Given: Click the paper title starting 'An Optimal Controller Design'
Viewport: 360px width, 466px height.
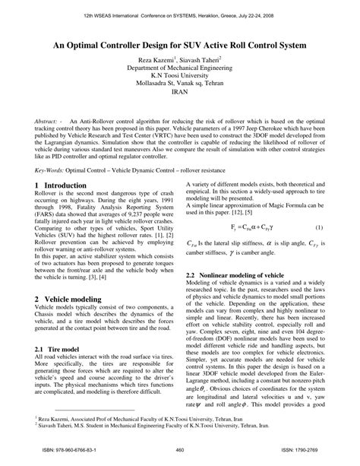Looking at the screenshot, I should (180, 45).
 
